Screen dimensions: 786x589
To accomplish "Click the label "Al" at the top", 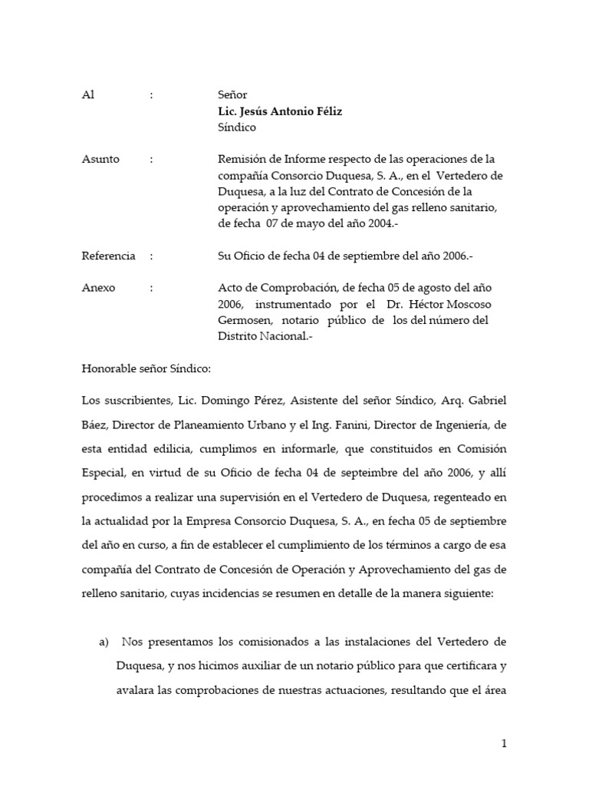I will [87, 95].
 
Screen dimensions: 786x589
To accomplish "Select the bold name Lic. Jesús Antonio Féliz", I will [280, 111].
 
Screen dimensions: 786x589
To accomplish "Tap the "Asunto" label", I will [100, 160].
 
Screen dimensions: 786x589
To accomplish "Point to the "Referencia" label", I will [108, 256].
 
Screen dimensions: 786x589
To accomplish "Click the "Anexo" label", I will [98, 288].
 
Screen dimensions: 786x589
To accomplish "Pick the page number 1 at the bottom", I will [504, 743].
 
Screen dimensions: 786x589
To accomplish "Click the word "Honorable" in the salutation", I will [109, 368].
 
